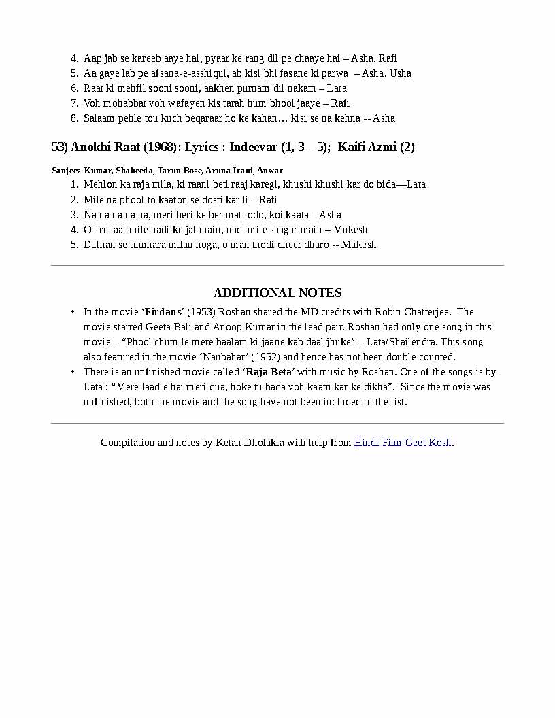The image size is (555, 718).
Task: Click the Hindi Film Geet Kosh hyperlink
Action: click(x=403, y=443)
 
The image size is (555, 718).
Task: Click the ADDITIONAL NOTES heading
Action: click(x=277, y=293)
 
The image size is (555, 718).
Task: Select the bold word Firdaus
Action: click(x=164, y=312)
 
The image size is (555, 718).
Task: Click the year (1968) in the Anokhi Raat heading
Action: click(x=161, y=147)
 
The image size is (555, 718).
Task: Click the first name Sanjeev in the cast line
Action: click(x=66, y=171)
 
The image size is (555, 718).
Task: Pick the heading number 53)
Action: click(x=60, y=147)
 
